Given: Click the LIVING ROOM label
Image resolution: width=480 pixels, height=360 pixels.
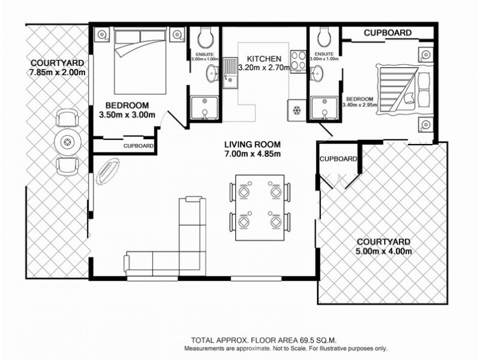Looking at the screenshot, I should click(252, 145).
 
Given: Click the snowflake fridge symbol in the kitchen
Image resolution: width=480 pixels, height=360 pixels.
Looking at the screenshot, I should click(296, 110).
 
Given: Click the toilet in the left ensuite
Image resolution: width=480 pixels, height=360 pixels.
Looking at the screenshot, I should click(203, 38).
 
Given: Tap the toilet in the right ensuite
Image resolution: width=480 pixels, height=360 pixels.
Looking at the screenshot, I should click(324, 38).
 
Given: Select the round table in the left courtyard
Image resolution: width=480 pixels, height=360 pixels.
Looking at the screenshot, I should click(67, 142).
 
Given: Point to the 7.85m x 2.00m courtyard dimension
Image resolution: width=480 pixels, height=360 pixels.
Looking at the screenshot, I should click(58, 73).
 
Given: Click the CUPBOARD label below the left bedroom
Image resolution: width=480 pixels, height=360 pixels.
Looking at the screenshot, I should click(139, 146).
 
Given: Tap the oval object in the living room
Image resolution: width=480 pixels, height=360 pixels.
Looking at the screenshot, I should click(109, 170).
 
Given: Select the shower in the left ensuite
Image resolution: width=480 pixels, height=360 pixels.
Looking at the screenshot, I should click(204, 109).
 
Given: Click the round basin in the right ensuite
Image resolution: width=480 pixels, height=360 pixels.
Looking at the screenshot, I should click(317, 74).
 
